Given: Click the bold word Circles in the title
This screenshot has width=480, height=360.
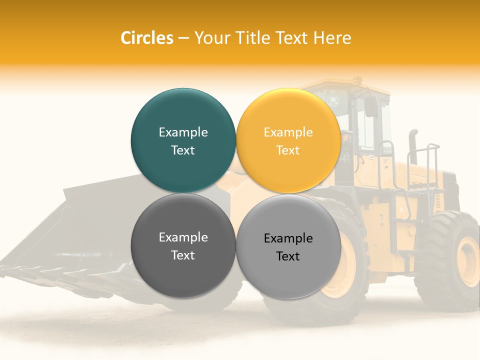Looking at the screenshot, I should click(147, 38).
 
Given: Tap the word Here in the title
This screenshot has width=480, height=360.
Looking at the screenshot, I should click(332, 38).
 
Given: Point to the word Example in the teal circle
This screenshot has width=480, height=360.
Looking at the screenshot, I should click(183, 132).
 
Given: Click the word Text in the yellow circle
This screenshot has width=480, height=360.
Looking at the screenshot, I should click(288, 150).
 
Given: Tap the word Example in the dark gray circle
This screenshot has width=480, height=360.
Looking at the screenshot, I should click(183, 237).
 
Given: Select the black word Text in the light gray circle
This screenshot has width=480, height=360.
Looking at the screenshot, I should click(288, 256).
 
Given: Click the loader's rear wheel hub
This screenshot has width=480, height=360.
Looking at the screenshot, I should click(468, 261).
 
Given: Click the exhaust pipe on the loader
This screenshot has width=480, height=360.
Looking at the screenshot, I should click(413, 145).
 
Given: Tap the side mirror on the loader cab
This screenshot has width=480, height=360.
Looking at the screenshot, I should click(371, 106).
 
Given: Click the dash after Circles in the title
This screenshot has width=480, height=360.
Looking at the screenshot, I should click(183, 38).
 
